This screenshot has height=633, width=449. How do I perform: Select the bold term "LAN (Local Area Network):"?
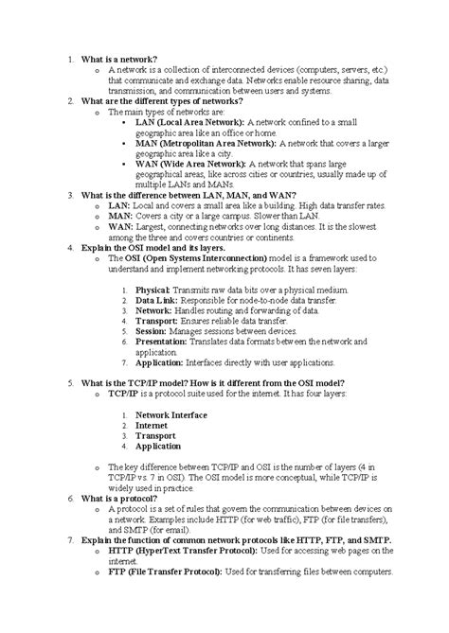pyautogui.click(x=190, y=122)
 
